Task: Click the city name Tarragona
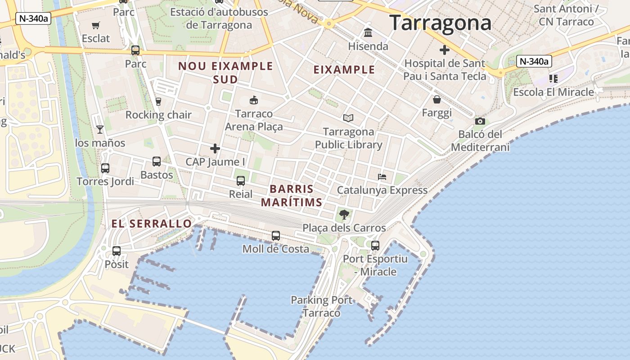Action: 440,23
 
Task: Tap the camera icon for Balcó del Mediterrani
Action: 480,121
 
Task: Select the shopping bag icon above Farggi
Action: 436,99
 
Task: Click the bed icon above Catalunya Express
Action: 382,177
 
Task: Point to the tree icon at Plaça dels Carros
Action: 344,215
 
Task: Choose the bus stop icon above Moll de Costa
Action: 275,236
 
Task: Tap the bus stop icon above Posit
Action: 117,251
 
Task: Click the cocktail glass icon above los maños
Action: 100,130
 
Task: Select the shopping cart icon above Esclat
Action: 95,25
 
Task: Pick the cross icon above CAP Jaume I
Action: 215,148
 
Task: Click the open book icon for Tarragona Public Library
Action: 348,118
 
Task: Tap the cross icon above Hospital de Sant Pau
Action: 445,50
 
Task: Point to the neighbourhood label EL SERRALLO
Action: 152,224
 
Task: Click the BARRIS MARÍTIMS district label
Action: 292,196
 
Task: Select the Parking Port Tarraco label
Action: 322,306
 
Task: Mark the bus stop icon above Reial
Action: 241,181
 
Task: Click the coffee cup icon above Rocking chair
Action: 158,102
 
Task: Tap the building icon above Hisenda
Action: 368,33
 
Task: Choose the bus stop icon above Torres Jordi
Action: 105,168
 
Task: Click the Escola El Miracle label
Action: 553,92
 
